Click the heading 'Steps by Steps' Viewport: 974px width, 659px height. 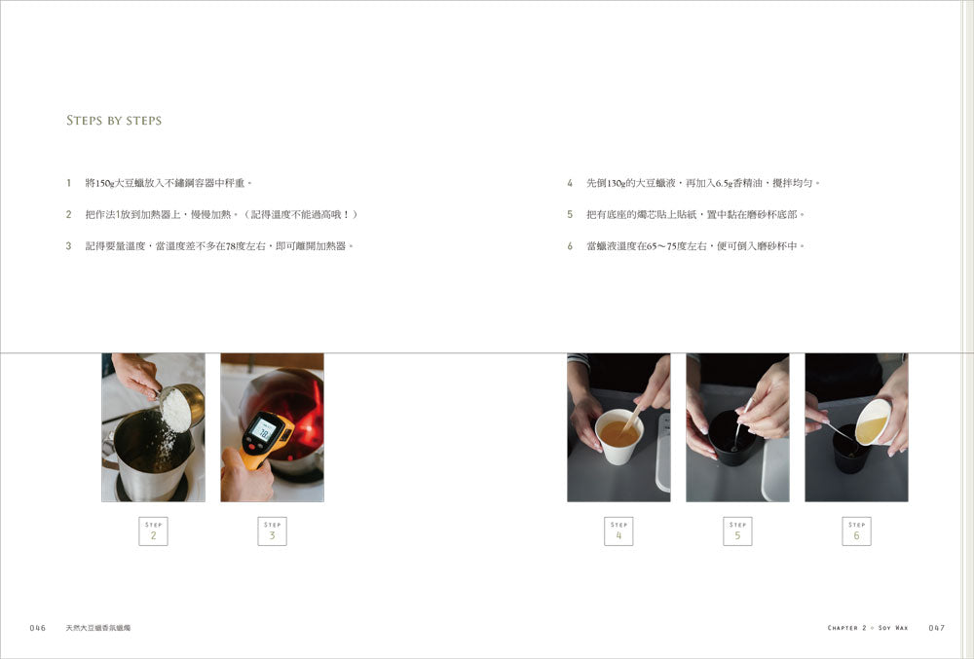114,121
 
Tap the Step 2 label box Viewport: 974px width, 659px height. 154,531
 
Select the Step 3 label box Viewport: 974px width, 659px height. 272,531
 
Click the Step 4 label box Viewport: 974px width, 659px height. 618,531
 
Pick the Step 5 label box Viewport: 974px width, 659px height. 737,531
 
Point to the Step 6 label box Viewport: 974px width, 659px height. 856,531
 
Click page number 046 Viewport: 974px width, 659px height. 38,628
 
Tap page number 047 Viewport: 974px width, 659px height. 937,628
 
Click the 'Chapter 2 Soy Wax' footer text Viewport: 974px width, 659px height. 868,628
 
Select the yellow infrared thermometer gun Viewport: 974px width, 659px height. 267,439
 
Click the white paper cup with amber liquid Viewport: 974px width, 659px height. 618,436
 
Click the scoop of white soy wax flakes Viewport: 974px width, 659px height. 176,410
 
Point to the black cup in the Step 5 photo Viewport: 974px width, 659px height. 733,437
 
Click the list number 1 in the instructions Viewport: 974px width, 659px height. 68,183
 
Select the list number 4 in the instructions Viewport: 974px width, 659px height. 570,183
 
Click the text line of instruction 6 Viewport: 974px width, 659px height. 695,246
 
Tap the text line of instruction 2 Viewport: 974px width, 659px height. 222,215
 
